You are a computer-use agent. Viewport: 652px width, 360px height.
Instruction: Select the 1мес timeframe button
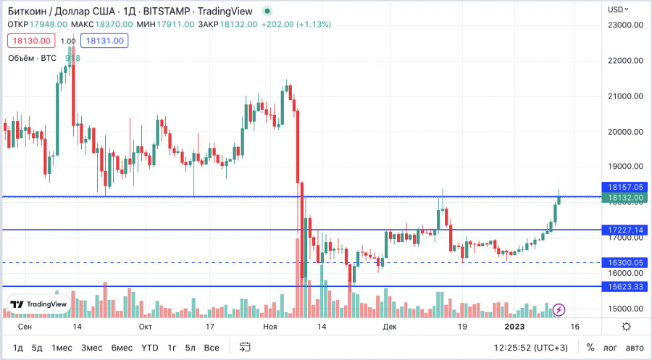coord(61,348)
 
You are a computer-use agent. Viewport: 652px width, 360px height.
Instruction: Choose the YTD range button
coord(149,348)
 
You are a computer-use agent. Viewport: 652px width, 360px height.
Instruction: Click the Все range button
coord(211,348)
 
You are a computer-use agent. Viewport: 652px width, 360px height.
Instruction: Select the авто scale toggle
coord(634,348)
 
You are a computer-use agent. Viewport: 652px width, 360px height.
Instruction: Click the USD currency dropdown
coord(618,9)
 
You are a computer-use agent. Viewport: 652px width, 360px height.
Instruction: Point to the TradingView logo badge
coord(38,304)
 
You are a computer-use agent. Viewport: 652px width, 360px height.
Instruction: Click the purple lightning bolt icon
coord(559,310)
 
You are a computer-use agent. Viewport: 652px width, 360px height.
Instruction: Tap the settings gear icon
coord(626,327)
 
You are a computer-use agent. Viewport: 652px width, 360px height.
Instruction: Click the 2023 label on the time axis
coord(515,327)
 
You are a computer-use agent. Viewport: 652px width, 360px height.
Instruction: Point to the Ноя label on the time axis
coord(269,327)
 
